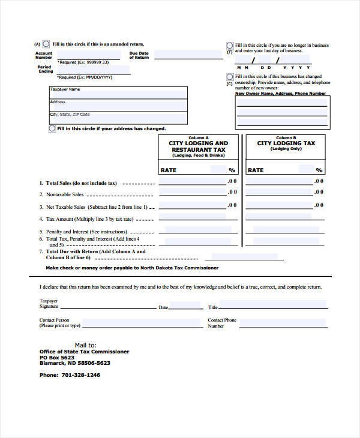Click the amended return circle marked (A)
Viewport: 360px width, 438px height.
(46, 44)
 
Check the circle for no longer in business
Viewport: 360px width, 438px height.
(230, 46)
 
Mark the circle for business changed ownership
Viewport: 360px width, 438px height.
(230, 77)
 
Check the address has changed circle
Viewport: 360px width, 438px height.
(52, 128)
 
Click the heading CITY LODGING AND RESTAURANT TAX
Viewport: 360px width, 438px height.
(199, 147)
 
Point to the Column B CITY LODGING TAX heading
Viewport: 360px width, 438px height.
(286, 144)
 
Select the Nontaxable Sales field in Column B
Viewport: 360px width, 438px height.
(279, 194)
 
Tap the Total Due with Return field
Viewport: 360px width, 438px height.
(263, 256)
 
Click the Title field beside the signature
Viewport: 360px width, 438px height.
(274, 305)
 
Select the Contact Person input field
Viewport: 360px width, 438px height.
(142, 323)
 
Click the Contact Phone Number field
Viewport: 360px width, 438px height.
(283, 323)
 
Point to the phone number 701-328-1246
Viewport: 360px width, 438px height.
(80, 375)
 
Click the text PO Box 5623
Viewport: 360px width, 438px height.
(57, 358)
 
